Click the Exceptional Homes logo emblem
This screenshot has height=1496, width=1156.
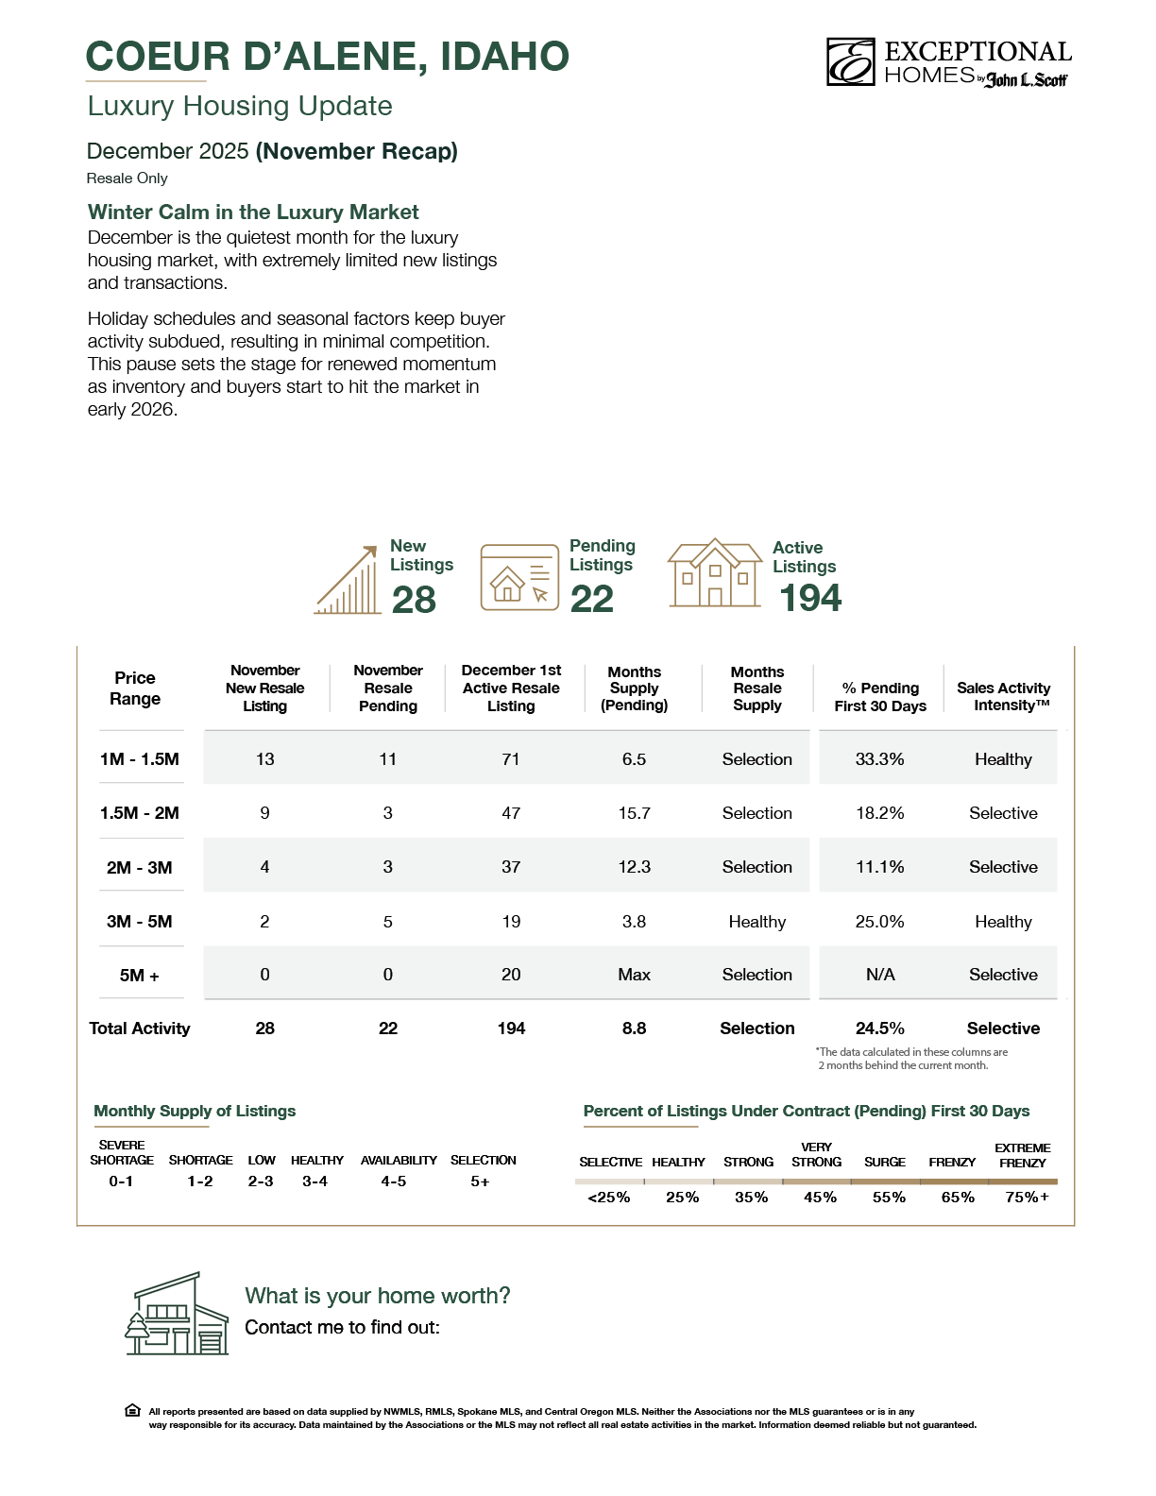pyautogui.click(x=850, y=62)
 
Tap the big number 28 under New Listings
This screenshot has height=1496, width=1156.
pyautogui.click(x=414, y=600)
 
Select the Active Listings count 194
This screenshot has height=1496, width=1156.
pyautogui.click(x=810, y=598)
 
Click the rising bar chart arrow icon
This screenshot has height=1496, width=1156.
pyautogui.click(x=348, y=581)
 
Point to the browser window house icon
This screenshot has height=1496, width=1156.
pyautogui.click(x=519, y=577)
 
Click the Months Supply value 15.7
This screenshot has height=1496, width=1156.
pyautogui.click(x=634, y=813)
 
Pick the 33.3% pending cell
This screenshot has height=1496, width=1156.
pyautogui.click(x=879, y=759)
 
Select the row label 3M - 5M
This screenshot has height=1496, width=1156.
pyautogui.click(x=139, y=922)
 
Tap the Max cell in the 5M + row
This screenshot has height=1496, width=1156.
pyautogui.click(x=634, y=975)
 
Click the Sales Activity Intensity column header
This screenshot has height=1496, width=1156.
pyautogui.click(x=1003, y=697)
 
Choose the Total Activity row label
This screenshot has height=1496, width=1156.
pyautogui.click(x=140, y=1028)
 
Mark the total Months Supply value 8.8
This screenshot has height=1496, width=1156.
pyautogui.click(x=634, y=1028)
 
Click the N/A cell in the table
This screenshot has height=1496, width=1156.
pyautogui.click(x=880, y=975)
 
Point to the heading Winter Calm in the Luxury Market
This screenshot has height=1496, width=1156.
pyautogui.click(x=253, y=212)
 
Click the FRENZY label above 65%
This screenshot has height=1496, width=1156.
pyautogui.click(x=952, y=1163)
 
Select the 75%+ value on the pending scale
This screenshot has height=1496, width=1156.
pyautogui.click(x=1027, y=1198)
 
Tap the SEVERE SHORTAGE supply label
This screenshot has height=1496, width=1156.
pyautogui.click(x=122, y=1152)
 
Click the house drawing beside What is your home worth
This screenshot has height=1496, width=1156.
pyautogui.click(x=178, y=1314)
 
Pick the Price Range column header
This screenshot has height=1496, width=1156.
pyautogui.click(x=135, y=688)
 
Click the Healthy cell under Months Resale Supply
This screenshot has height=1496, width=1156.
pyautogui.click(x=756, y=922)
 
